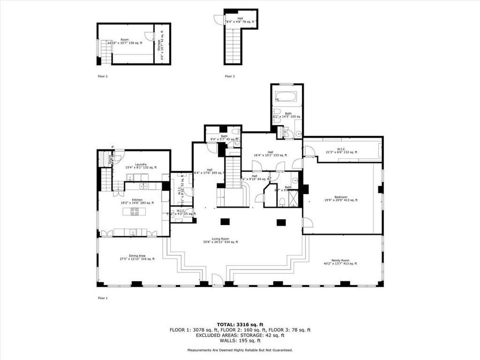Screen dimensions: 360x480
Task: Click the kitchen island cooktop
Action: [x=133, y=212]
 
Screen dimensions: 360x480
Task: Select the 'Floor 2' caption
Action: [x=102, y=76]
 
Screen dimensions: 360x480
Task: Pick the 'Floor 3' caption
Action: [x=229, y=76]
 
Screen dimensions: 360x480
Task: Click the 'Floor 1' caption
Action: [x=102, y=298]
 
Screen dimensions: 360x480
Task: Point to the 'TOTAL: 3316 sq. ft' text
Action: [x=239, y=324]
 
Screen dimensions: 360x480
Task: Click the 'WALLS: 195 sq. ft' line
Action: [x=239, y=340]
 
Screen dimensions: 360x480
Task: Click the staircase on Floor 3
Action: [x=233, y=45]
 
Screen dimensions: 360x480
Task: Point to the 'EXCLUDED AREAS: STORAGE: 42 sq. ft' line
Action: [x=239, y=335]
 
